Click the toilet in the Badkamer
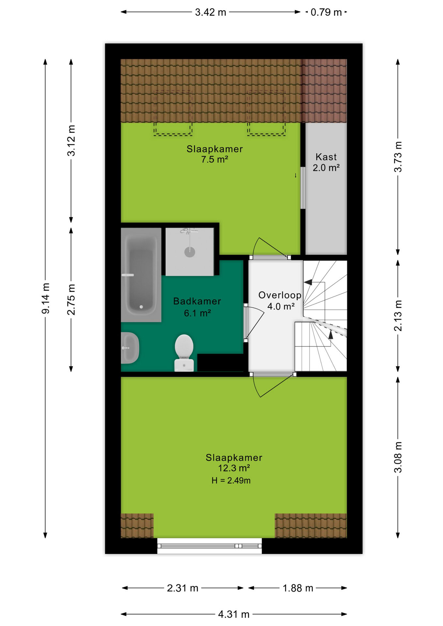click(184, 353)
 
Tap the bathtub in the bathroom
click(141, 275)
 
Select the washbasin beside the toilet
click(130, 348)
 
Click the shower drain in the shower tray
click(190, 252)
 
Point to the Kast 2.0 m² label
click(326, 162)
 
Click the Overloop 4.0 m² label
click(280, 301)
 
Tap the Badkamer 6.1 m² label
click(197, 307)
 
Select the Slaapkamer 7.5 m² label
click(215, 154)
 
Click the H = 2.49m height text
click(231, 481)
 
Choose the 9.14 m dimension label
click(46, 299)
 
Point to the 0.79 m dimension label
click(326, 12)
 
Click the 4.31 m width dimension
click(234, 614)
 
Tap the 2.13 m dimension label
click(398, 316)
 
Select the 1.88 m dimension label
click(298, 588)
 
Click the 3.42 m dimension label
click(210, 12)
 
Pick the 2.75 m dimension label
click(71, 300)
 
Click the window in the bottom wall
click(209, 546)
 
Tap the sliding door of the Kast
click(303, 188)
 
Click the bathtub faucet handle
click(128, 275)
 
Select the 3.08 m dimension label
click(398, 457)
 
